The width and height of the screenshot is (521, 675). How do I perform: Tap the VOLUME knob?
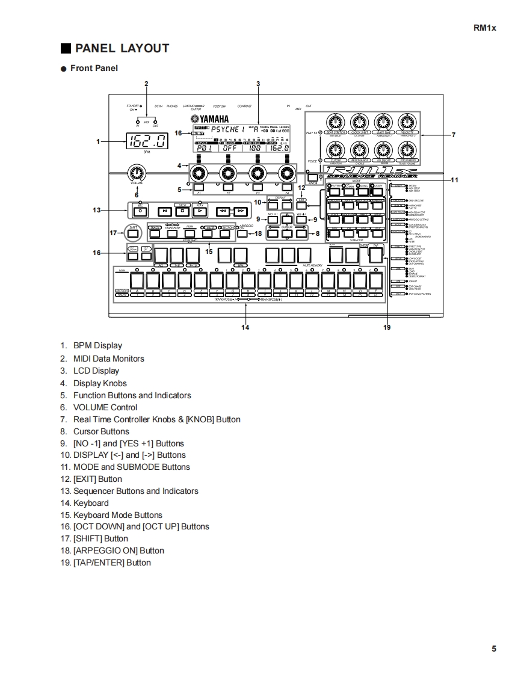pyautogui.click(x=137, y=174)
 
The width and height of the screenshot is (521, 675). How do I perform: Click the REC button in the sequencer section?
pyautogui.click(x=140, y=211)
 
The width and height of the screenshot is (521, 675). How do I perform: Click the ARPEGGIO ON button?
pyautogui.click(x=242, y=235)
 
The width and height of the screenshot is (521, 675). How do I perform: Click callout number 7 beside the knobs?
pyautogui.click(x=454, y=135)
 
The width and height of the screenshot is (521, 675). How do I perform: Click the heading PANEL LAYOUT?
pyautogui.click(x=122, y=48)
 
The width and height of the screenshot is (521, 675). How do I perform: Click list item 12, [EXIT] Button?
pyautogui.click(x=97, y=479)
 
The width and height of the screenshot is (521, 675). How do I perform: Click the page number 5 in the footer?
pyautogui.click(x=494, y=649)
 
